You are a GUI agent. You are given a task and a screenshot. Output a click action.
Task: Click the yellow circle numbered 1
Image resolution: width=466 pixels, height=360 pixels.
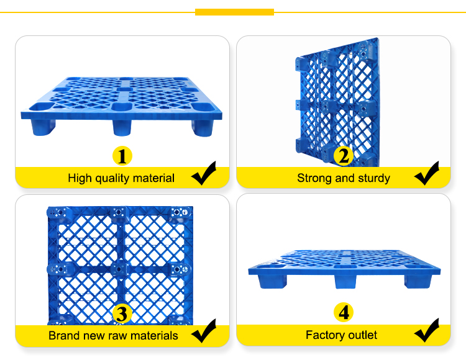coord(122,156)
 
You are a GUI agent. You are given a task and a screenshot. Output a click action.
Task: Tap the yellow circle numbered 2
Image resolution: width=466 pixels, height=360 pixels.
coord(343,156)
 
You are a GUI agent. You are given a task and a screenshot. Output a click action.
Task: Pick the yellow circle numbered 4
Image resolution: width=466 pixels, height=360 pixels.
coord(343,312)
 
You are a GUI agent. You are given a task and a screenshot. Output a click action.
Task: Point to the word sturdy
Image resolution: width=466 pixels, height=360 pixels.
coord(372,178)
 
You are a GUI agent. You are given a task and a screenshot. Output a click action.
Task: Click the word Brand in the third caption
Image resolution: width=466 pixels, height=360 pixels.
coord(63,336)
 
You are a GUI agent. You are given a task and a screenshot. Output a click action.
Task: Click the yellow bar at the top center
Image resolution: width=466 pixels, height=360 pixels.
coord(234,12)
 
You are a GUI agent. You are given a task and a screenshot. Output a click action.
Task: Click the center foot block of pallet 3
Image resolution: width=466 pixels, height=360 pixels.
coord(119,269)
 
